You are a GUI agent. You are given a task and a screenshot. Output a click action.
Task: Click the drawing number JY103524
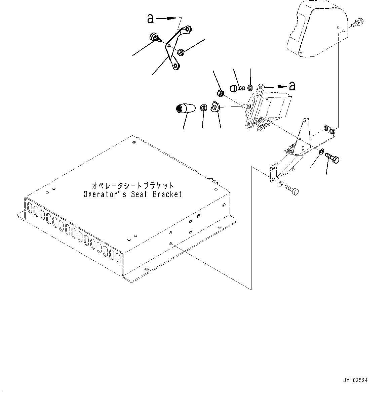tap(355, 381)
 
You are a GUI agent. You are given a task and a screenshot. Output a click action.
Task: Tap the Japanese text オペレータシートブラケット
tap(133, 186)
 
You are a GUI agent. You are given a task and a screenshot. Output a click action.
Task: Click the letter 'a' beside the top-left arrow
tap(150, 19)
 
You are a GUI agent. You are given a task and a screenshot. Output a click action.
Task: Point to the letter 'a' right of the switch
tap(292, 86)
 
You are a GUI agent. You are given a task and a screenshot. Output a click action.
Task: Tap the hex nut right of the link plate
tap(181, 52)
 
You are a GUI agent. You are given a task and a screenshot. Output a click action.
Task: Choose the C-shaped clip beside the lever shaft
tap(214, 107)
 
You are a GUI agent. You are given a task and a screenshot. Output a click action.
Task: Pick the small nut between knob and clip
tap(203, 107)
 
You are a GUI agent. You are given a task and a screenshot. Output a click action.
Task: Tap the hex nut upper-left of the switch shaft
tap(220, 93)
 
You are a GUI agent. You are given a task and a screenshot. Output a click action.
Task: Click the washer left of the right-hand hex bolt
tap(321, 152)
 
